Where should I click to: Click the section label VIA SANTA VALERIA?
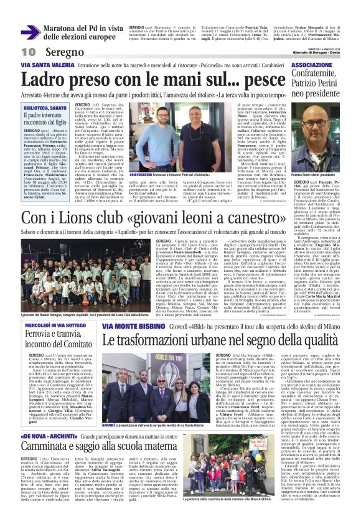(42, 65)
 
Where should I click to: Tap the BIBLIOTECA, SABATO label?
(45, 108)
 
